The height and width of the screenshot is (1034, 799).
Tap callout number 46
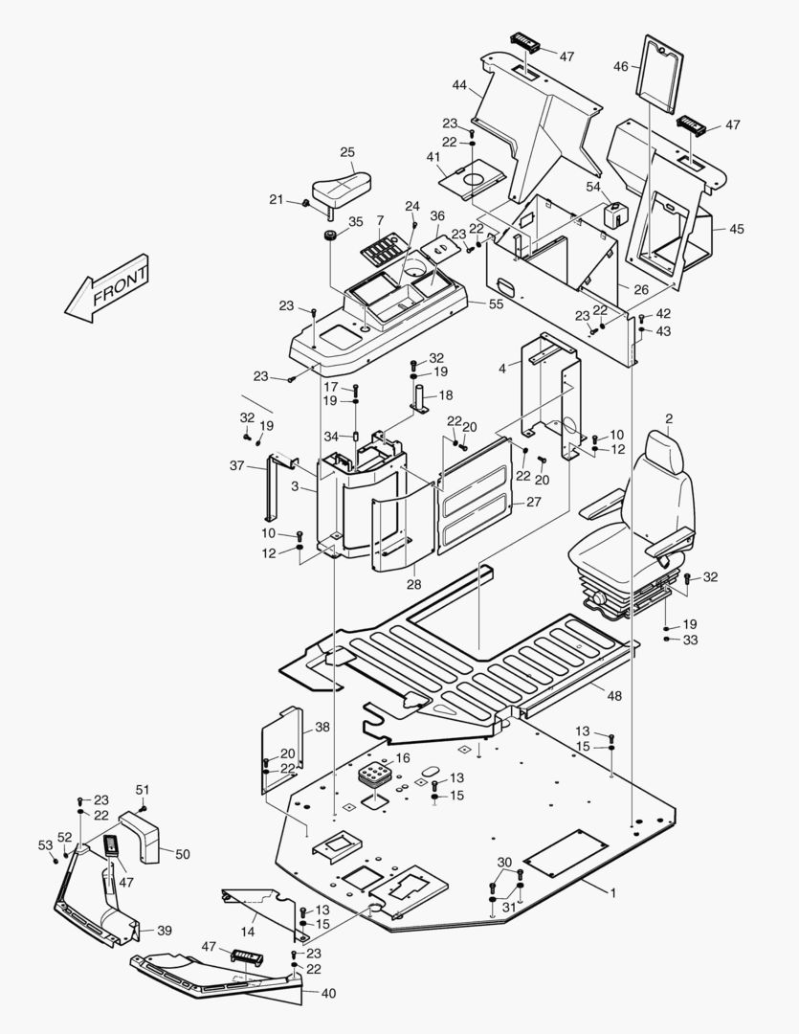(620, 67)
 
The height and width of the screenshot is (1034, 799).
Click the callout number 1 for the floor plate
(613, 891)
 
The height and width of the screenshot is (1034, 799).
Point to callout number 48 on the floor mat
(612, 696)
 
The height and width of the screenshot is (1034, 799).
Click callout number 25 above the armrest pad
(347, 152)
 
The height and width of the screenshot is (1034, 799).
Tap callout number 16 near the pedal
(402, 758)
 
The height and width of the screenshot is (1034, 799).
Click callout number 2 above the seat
(669, 418)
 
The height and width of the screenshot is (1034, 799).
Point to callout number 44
(459, 86)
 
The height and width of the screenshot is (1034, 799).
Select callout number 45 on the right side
(736, 229)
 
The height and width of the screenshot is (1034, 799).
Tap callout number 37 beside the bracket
(236, 465)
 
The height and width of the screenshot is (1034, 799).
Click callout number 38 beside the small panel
(322, 727)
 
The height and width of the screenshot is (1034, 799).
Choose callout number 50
(182, 852)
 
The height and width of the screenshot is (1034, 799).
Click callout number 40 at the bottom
(328, 994)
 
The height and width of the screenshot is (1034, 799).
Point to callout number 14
(248, 931)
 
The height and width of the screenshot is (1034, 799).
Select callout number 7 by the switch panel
(380, 221)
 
